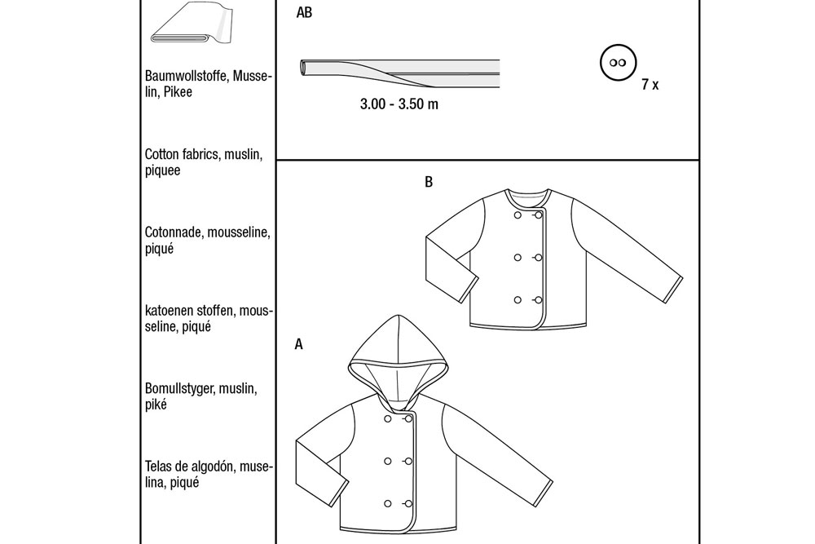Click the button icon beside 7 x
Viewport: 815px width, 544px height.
pos(618,63)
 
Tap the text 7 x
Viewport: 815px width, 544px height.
pos(650,84)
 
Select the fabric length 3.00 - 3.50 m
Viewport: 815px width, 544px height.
pos(399,104)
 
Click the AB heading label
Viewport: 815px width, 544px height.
pos(304,12)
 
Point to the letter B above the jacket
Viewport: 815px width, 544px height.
pos(429,182)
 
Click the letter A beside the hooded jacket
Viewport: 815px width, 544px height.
pos(299,344)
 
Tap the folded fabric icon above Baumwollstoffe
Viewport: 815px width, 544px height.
pos(192,24)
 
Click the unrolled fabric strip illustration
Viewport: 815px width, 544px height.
pos(399,73)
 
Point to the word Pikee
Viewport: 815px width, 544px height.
pos(178,92)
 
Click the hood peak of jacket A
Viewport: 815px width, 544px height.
pos(398,316)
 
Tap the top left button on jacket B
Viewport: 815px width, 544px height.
pos(518,215)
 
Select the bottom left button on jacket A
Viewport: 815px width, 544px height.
pos(388,503)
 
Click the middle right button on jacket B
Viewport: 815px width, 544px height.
pos(538,258)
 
